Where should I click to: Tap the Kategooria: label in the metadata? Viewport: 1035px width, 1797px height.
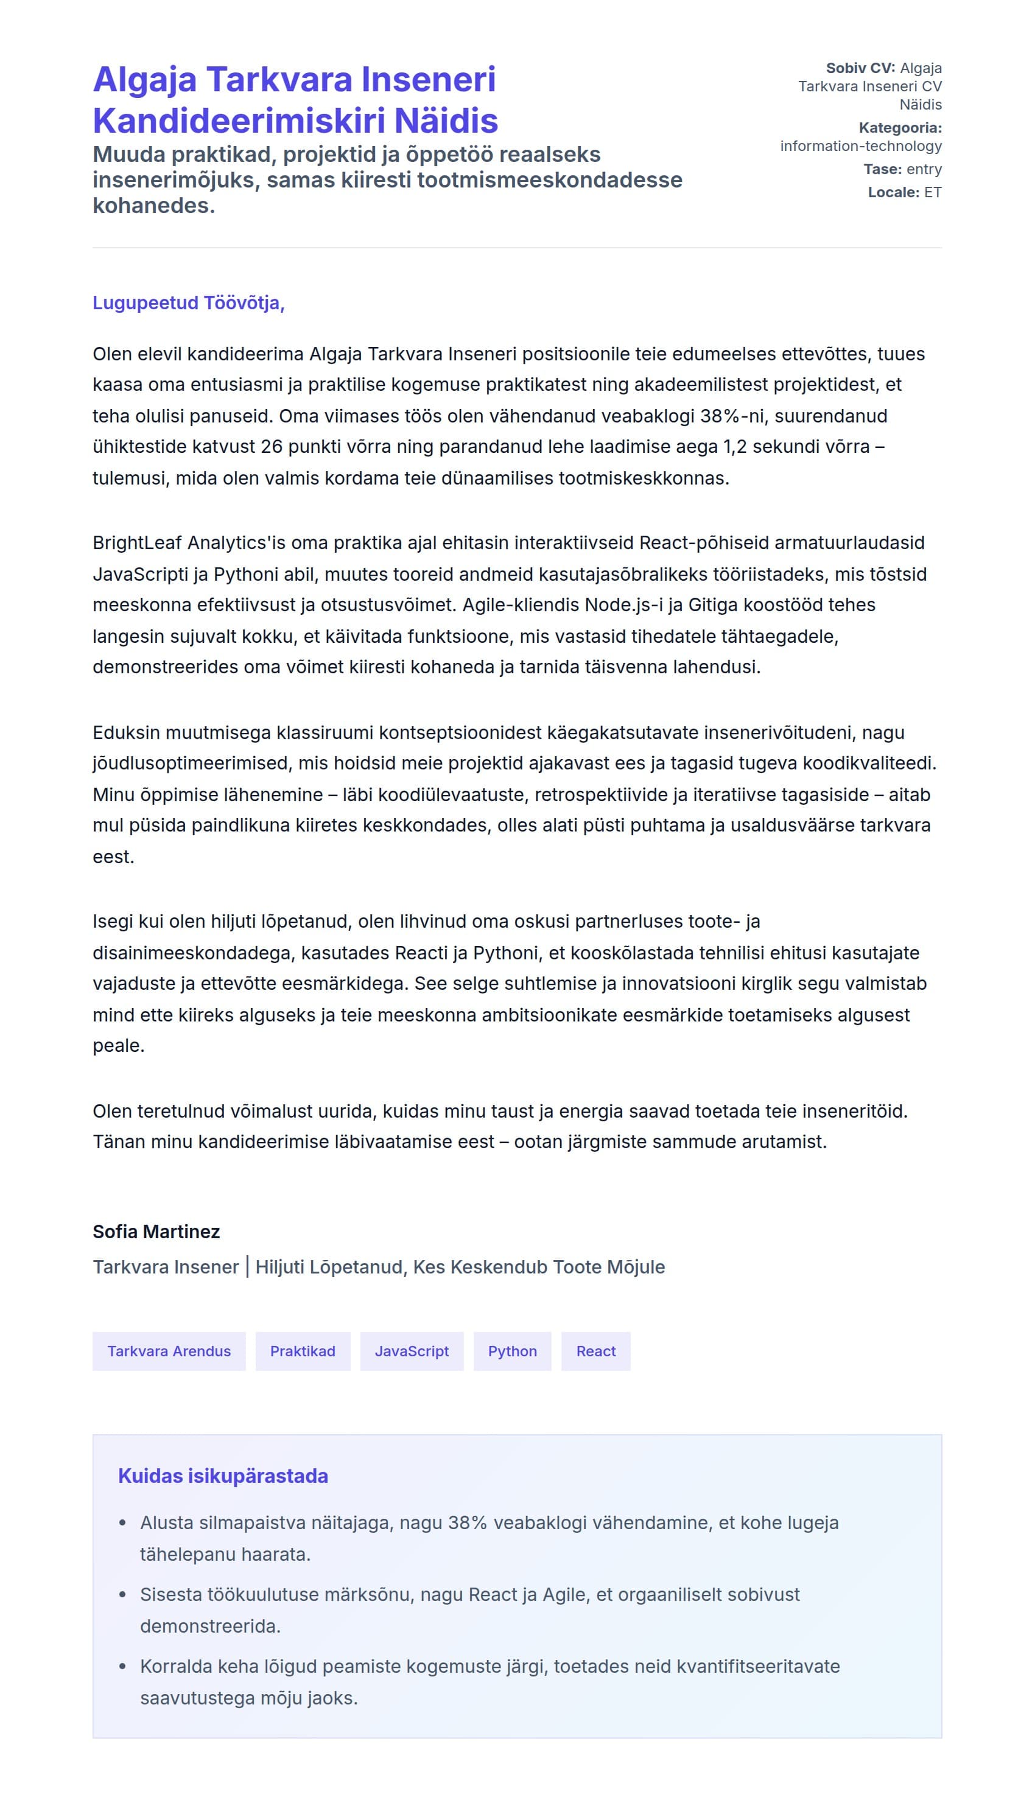(x=900, y=128)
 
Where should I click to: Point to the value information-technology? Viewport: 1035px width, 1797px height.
(x=860, y=145)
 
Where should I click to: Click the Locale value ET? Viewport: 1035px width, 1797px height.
(x=933, y=192)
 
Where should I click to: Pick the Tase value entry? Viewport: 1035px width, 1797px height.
(x=924, y=169)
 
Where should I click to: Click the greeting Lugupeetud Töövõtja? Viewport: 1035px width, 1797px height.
(x=188, y=303)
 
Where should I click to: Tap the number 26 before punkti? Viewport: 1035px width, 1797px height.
(x=272, y=446)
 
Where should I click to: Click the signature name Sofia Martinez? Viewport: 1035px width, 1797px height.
(x=156, y=1231)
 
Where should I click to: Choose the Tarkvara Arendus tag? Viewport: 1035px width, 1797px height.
(x=169, y=1351)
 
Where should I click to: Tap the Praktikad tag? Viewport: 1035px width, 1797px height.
(x=303, y=1351)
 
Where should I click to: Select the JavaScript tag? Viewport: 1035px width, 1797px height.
(x=412, y=1351)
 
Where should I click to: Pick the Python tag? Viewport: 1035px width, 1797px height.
(x=512, y=1351)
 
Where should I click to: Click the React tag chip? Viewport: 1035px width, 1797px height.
(x=595, y=1351)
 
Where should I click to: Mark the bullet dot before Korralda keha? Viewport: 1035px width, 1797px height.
(x=123, y=1666)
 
